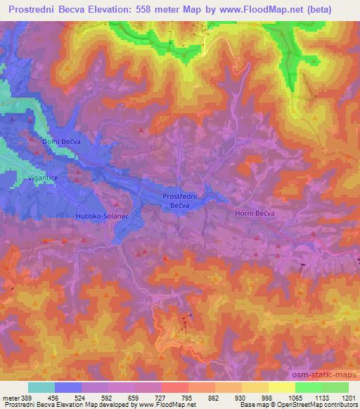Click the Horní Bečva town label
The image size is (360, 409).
[x=253, y=212]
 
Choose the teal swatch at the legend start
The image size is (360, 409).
[x=41, y=387]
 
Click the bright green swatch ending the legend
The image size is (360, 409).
[x=335, y=387]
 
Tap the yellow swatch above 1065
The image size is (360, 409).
[x=281, y=387]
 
